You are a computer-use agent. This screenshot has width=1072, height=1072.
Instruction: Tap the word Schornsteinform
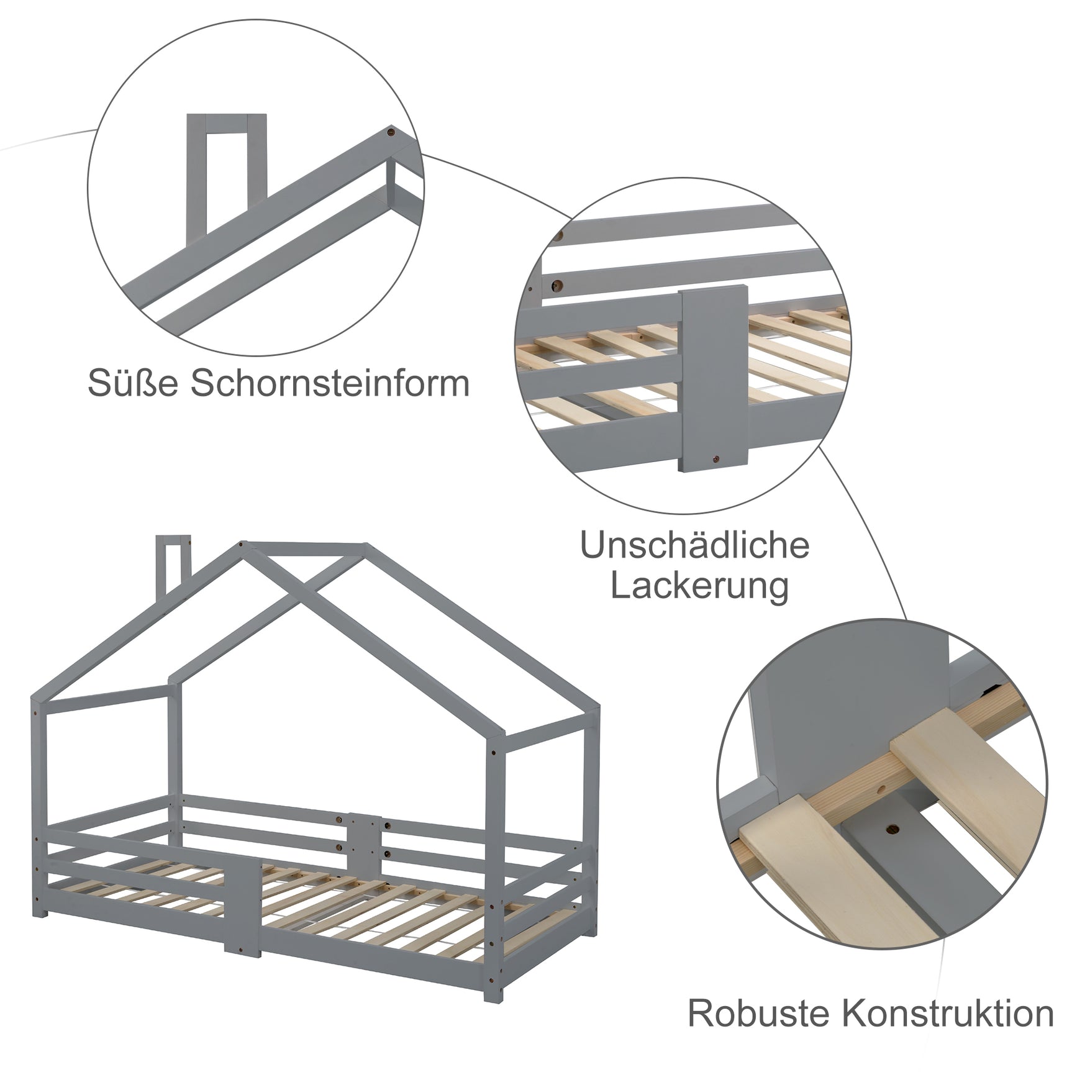(x=330, y=383)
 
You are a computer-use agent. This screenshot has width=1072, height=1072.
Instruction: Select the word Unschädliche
(x=694, y=545)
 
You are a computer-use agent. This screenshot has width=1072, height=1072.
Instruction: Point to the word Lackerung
(x=699, y=586)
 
